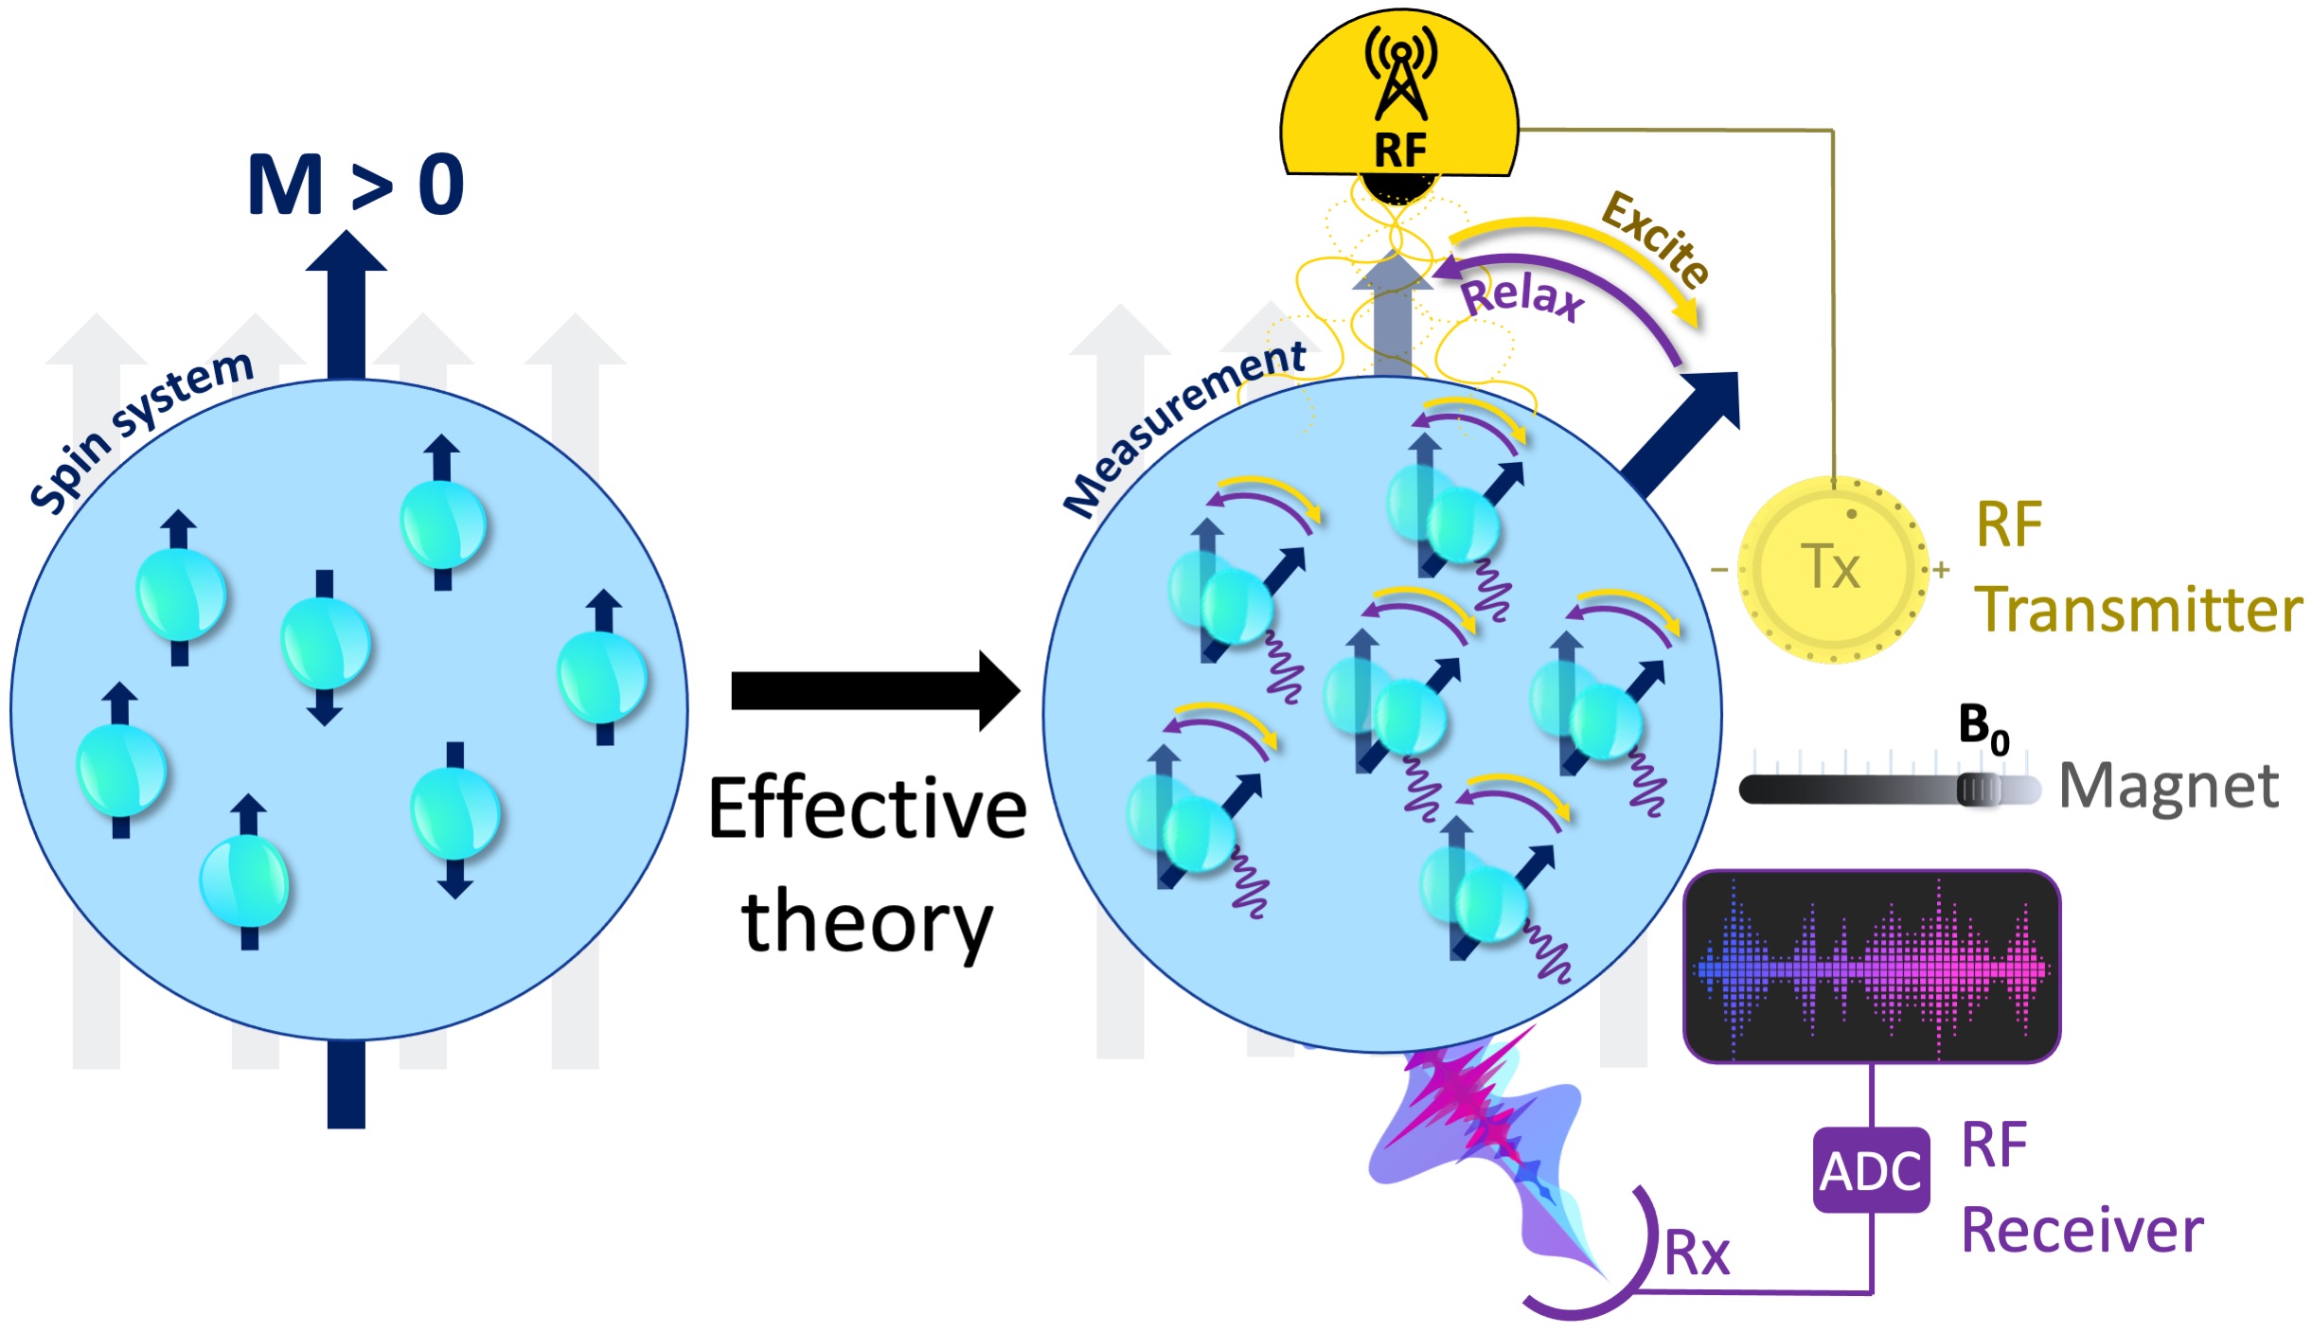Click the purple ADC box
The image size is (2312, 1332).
click(x=1870, y=1170)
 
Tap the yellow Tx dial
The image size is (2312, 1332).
click(x=1832, y=569)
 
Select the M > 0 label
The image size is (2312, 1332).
click(x=355, y=185)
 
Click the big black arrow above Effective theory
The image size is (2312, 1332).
click(x=875, y=691)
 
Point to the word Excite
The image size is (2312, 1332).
click(x=1656, y=238)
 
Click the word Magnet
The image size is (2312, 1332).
click(x=2169, y=786)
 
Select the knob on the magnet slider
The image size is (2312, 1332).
click(x=1980, y=789)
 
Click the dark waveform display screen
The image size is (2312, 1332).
click(x=1871, y=967)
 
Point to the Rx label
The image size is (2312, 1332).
click(x=1697, y=1253)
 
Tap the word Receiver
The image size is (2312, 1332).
click(x=2082, y=1231)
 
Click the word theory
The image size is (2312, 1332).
click(x=867, y=923)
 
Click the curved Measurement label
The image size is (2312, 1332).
click(x=1183, y=426)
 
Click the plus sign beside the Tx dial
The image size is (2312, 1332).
click(x=1941, y=570)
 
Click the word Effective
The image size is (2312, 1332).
click(x=867, y=809)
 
